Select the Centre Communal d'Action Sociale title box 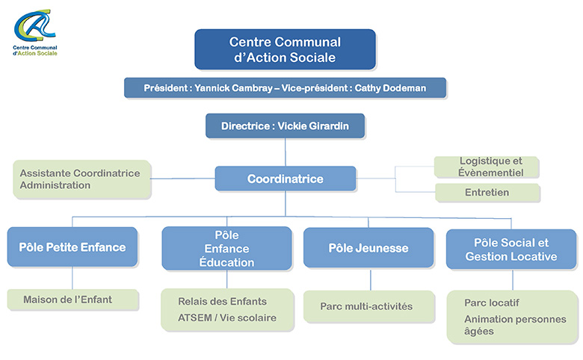click(285, 49)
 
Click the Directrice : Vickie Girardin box click(285, 125)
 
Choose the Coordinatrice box click(285, 179)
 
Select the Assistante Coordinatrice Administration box click(81, 179)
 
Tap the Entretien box click(487, 193)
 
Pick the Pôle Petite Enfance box click(72, 247)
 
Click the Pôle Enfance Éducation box click(226, 249)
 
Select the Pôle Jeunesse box click(368, 248)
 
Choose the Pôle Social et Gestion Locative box click(511, 249)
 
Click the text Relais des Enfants click(222, 302)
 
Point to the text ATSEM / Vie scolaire click(227, 318)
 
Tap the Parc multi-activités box click(366, 306)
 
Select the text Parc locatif click(492, 302)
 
